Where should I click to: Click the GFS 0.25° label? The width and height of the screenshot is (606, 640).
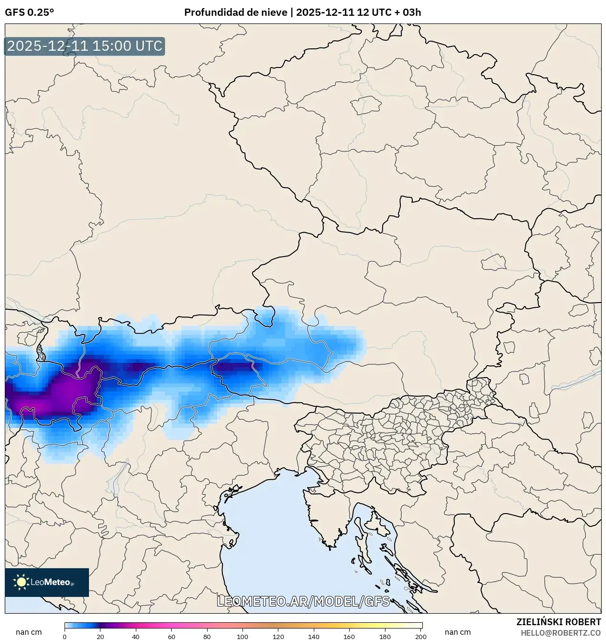click(x=29, y=12)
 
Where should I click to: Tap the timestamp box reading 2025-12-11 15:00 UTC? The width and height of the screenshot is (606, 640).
click(x=85, y=46)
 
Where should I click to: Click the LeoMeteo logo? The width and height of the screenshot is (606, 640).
click(x=47, y=582)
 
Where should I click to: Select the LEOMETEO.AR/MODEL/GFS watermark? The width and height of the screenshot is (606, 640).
click(x=303, y=601)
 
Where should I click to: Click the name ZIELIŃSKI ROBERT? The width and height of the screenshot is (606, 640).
click(x=558, y=622)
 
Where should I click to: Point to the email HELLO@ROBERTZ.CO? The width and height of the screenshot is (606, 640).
click(x=561, y=633)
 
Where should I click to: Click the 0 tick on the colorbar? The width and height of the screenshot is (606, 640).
click(x=65, y=636)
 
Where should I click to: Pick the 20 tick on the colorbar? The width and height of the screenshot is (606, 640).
click(x=100, y=636)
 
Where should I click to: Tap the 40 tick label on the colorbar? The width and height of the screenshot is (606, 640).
click(x=136, y=636)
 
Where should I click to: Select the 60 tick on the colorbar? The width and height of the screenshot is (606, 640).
click(x=172, y=636)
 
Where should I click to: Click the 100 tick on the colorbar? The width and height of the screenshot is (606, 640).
click(x=242, y=636)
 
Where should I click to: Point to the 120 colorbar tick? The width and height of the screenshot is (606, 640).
click(x=278, y=636)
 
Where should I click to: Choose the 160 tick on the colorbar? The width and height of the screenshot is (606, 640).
click(x=349, y=636)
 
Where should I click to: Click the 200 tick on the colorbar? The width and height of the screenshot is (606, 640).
click(x=421, y=636)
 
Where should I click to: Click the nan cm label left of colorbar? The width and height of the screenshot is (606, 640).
click(x=29, y=632)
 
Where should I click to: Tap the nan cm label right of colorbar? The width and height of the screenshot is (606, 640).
click(x=458, y=632)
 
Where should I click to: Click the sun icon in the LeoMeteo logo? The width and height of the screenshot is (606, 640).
click(x=21, y=582)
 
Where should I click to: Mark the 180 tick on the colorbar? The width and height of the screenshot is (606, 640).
click(x=385, y=636)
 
